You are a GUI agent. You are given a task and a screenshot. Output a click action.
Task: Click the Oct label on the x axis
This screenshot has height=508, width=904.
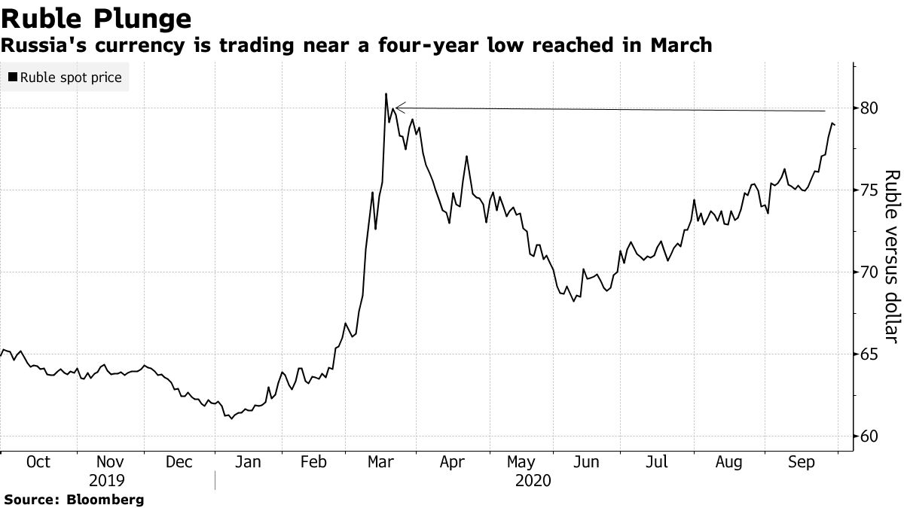point(38,462)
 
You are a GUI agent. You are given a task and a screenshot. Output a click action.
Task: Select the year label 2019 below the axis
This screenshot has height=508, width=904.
point(107,480)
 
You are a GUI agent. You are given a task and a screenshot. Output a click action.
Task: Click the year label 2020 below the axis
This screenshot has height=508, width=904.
point(533,480)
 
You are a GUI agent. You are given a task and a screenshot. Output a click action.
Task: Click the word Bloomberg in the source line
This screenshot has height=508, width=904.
point(107,499)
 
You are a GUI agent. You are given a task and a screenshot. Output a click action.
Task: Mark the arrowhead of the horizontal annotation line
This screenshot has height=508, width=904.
point(397,108)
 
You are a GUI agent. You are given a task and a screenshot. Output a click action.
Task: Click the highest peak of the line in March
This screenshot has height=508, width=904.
point(386,94)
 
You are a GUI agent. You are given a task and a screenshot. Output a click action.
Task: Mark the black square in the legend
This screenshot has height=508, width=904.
point(13,78)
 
